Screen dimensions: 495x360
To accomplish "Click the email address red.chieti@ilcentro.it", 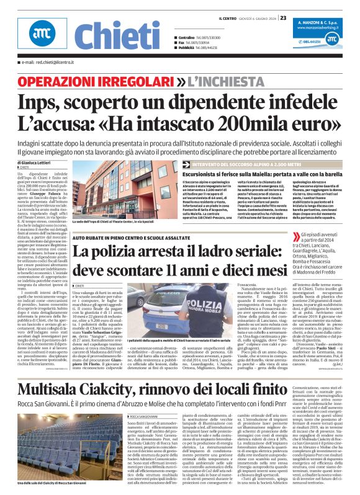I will pos(47,63).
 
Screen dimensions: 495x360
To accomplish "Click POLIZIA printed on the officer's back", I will pos(207,305).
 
